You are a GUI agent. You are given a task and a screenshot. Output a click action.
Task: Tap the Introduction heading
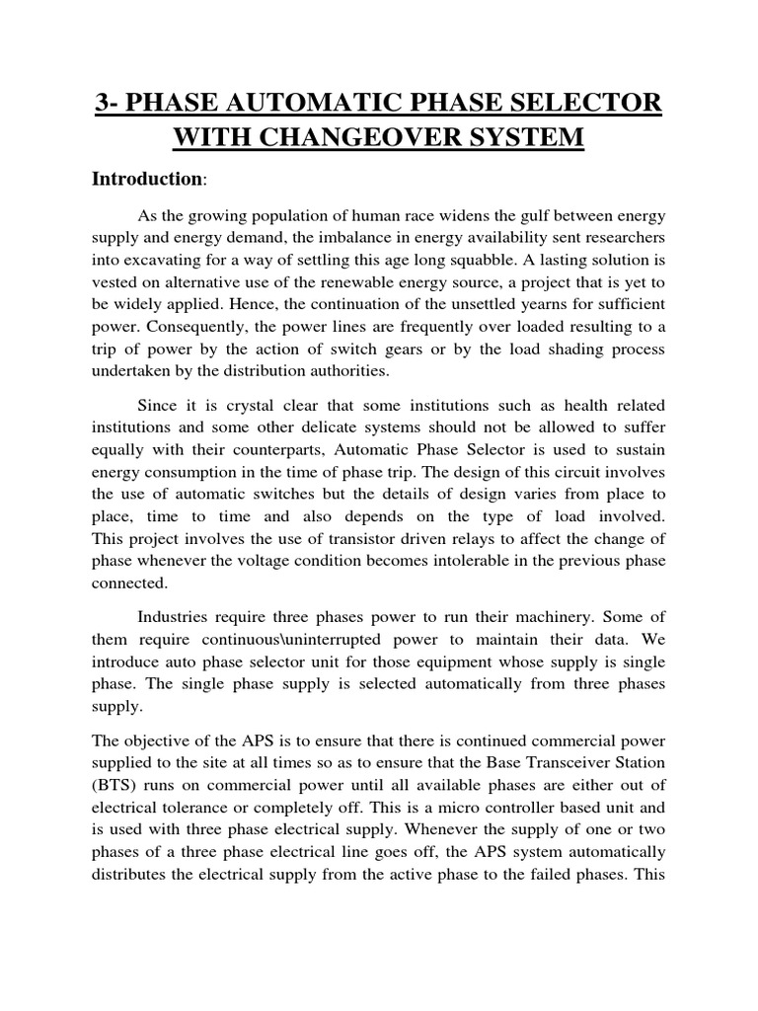tap(145, 179)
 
